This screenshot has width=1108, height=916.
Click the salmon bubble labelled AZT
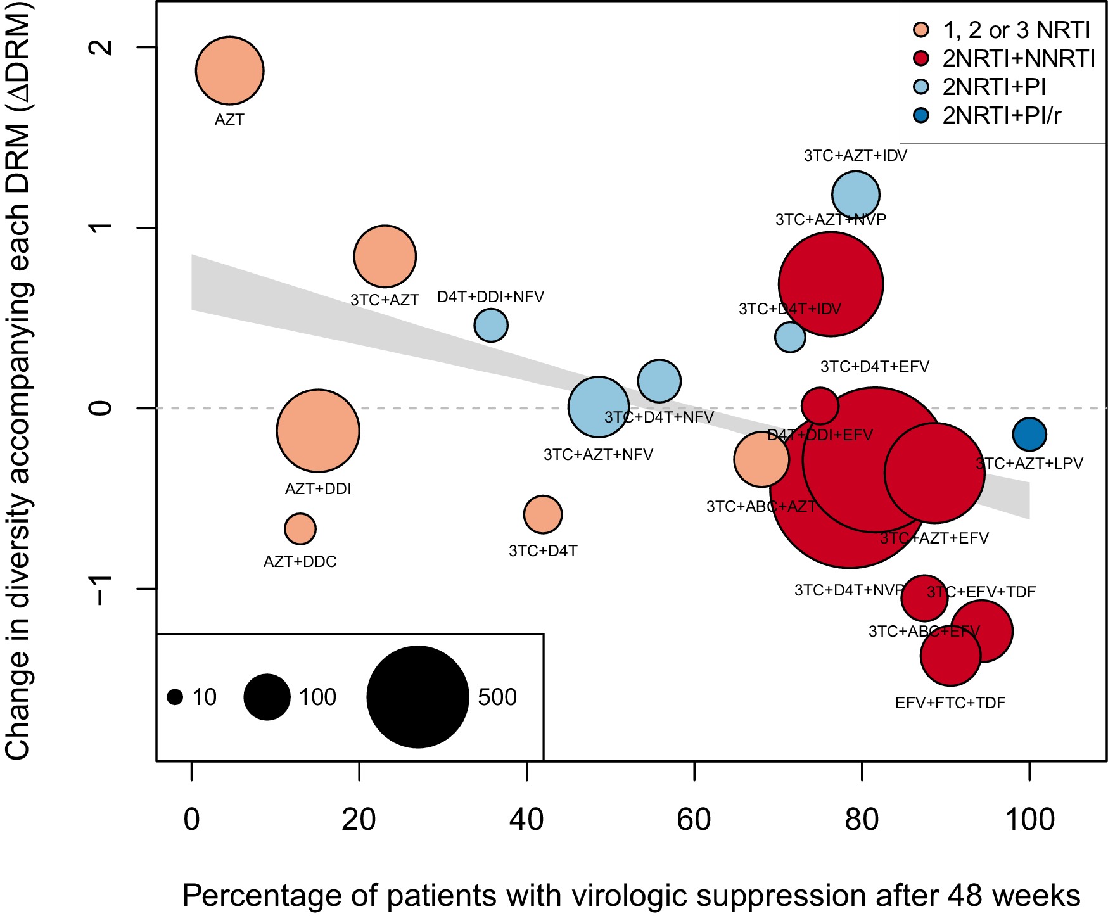coord(229,70)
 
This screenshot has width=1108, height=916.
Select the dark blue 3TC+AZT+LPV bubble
coord(1029,435)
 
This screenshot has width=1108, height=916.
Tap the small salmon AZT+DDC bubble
coord(300,528)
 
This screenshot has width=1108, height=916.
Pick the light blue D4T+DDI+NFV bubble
coord(491,325)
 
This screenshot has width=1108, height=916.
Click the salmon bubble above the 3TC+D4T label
coord(543,514)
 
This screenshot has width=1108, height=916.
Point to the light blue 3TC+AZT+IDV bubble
coord(855,194)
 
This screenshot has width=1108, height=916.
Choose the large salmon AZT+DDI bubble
coord(318,431)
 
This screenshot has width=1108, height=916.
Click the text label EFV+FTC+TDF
coord(950,703)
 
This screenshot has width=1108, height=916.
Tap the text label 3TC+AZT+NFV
coord(598,455)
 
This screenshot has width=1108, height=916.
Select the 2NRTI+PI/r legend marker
coord(921,115)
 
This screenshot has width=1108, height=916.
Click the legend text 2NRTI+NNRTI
coord(1018,58)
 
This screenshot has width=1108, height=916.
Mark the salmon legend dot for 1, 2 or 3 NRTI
coord(921,30)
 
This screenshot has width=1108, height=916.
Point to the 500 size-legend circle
coord(417,697)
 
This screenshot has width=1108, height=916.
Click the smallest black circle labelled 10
coord(175,697)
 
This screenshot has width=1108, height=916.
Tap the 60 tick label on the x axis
coord(694,820)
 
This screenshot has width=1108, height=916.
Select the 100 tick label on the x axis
coord(1029,820)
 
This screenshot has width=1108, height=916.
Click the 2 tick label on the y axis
coord(101,47)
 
